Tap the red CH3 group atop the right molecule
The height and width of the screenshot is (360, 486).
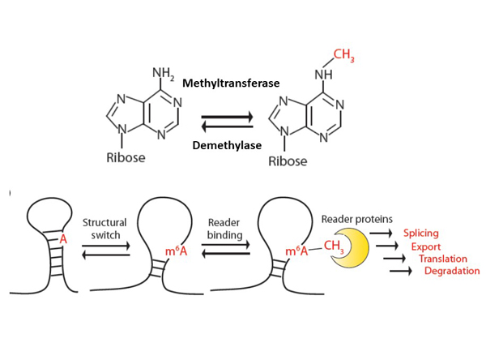(x=344, y=56)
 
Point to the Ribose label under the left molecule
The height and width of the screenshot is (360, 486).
(x=126, y=157)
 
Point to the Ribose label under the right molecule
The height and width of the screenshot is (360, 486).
(x=288, y=161)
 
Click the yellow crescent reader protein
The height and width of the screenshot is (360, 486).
(x=350, y=246)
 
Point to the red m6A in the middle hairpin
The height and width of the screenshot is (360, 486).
(x=177, y=252)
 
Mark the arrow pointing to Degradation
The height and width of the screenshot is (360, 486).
(x=403, y=271)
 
